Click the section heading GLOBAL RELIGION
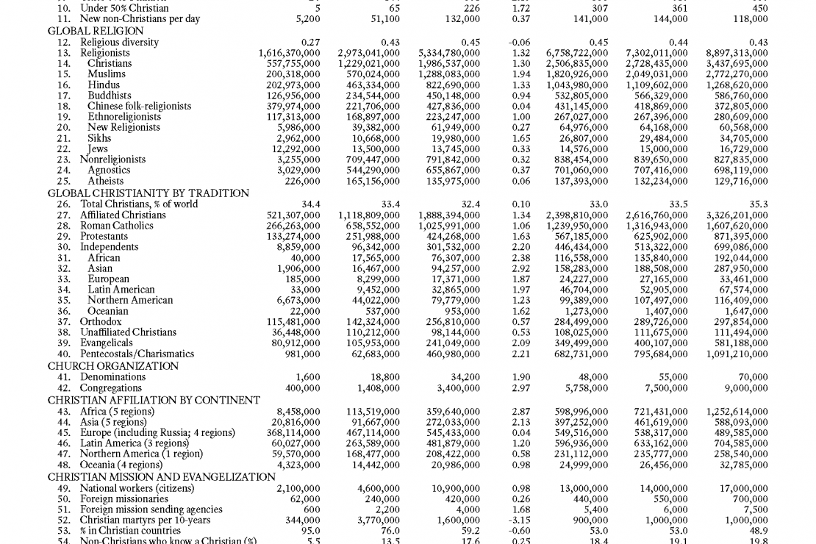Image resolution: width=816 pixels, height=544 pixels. [96, 31]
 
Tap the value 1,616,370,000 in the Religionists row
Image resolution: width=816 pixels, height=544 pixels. [289, 53]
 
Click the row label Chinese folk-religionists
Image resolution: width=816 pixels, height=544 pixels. [140, 106]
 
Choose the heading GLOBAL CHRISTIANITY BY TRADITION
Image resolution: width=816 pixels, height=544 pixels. [148, 193]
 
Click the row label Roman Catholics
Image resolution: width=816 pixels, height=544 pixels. [117, 226]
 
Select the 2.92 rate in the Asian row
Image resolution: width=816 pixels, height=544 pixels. [520, 268]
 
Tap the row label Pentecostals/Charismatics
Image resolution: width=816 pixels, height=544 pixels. [137, 354]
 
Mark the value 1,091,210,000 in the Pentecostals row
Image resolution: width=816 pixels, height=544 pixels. [737, 354]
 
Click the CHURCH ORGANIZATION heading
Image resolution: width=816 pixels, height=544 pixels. [113, 365]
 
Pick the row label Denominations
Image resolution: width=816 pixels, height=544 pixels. [112, 377]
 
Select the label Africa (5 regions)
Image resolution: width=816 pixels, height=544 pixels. [118, 412]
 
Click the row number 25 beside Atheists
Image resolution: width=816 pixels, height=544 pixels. [64, 181]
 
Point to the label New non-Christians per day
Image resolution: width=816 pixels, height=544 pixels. [140, 19]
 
